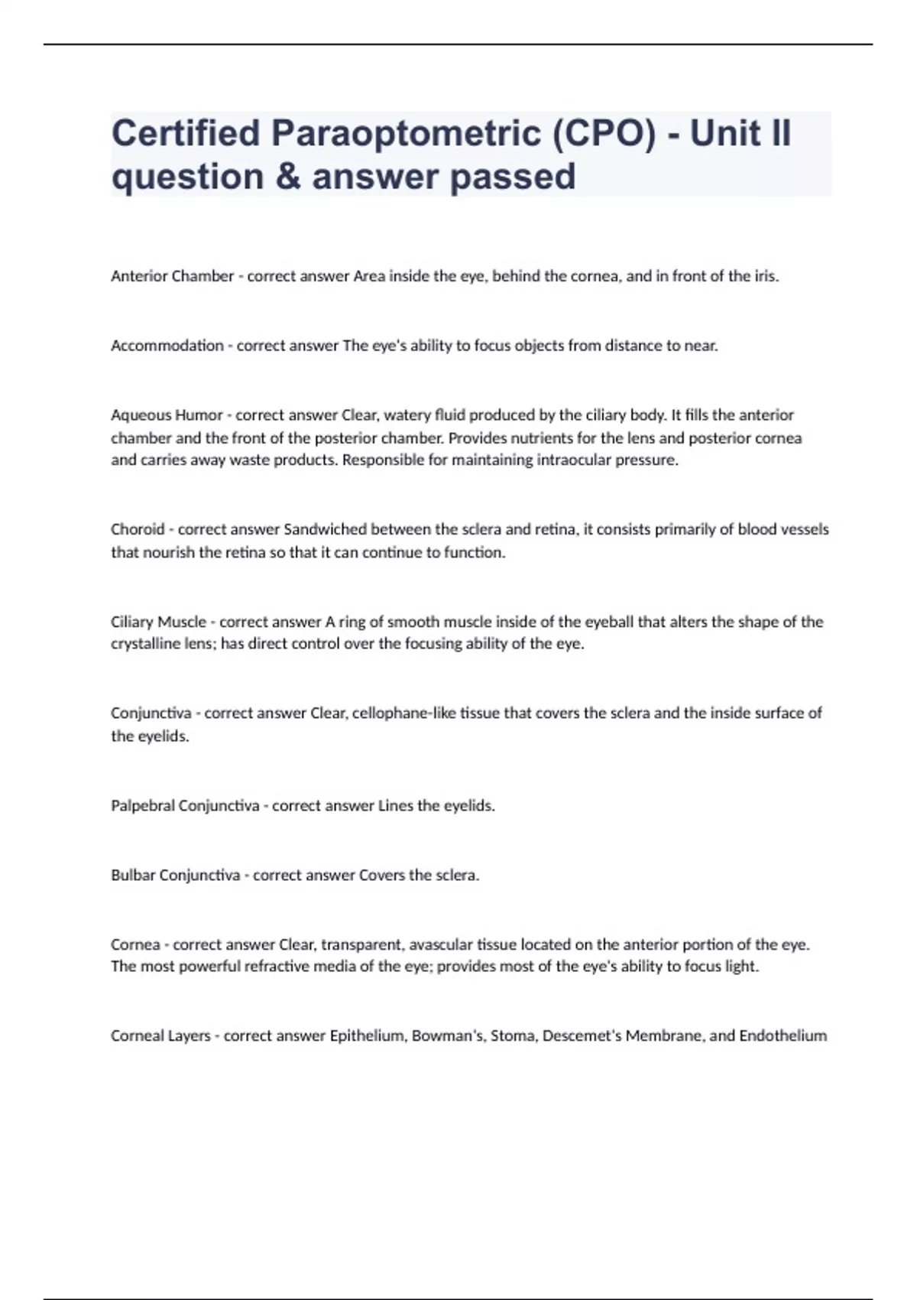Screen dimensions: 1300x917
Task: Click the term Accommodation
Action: click(x=167, y=346)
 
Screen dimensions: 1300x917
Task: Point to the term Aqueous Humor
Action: click(x=167, y=415)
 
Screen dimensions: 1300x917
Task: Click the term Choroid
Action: click(x=138, y=529)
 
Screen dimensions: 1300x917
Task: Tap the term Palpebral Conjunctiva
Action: click(x=185, y=805)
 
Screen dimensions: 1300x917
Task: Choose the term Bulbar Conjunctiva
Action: click(x=175, y=875)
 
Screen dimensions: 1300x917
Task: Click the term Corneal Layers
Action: click(x=160, y=1035)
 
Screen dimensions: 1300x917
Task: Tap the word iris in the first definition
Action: click(x=765, y=276)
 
